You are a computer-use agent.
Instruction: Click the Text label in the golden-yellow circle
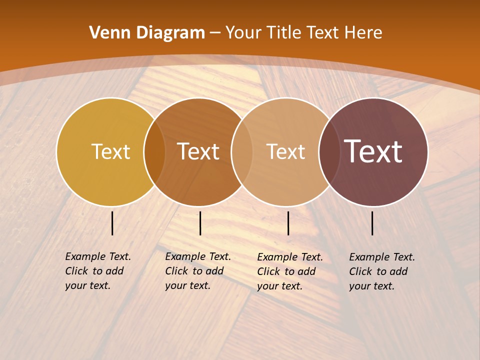[110, 151]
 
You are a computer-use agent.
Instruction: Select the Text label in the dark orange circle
[198, 151]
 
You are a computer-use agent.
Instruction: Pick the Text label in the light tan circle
[285, 151]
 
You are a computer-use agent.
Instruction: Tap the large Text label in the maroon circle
[373, 151]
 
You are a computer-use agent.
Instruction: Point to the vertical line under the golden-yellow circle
[112, 223]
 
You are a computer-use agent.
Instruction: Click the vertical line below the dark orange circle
[200, 223]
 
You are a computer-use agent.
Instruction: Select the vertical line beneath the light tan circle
[288, 223]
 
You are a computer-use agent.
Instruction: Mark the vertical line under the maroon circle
[372, 223]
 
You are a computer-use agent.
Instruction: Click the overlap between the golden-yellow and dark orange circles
[154, 151]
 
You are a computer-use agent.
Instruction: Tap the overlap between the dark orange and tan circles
[241, 151]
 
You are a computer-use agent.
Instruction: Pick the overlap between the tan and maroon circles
[329, 151]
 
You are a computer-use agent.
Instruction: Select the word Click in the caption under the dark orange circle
[176, 271]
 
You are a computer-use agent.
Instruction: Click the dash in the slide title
[215, 33]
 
